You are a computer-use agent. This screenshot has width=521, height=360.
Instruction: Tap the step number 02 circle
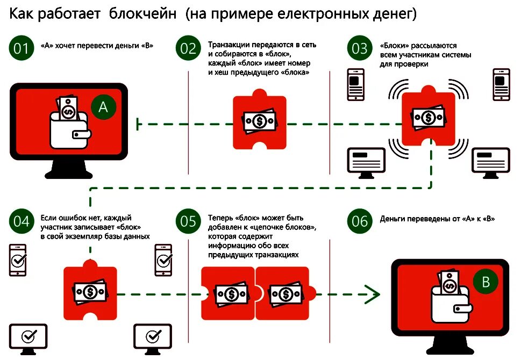(x=188, y=49)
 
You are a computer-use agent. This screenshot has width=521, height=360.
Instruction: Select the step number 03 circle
(x=359, y=49)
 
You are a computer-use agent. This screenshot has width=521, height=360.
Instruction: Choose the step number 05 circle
(x=188, y=221)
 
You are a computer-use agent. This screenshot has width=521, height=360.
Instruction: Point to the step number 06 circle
(x=359, y=221)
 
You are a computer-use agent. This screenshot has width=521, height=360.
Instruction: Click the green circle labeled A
(x=103, y=107)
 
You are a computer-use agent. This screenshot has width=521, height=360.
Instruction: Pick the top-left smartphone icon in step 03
(x=355, y=84)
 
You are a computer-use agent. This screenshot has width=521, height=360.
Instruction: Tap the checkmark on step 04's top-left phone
(x=18, y=261)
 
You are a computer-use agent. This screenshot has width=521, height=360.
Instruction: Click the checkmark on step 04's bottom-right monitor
(x=153, y=336)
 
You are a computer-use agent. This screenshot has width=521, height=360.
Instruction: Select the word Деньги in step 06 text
(x=393, y=219)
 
